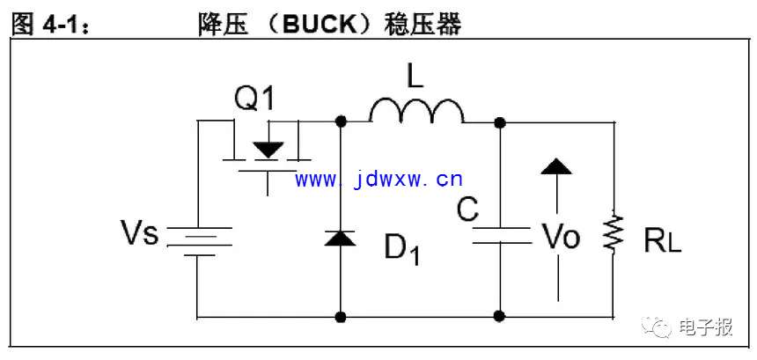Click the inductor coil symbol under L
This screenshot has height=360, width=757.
click(415, 111)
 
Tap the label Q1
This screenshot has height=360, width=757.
click(254, 99)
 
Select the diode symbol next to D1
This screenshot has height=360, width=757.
click(341, 237)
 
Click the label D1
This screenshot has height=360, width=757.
click(401, 249)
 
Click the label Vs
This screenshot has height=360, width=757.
click(139, 234)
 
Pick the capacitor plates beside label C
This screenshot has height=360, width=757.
click(499, 235)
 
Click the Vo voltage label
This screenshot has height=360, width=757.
click(560, 235)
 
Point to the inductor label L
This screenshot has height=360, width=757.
click(415, 77)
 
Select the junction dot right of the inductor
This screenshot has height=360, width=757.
click(499, 121)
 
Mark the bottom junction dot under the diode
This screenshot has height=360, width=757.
click(341, 315)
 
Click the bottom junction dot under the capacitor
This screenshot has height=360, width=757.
click(499, 315)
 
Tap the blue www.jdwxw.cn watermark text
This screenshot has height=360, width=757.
click(378, 180)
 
